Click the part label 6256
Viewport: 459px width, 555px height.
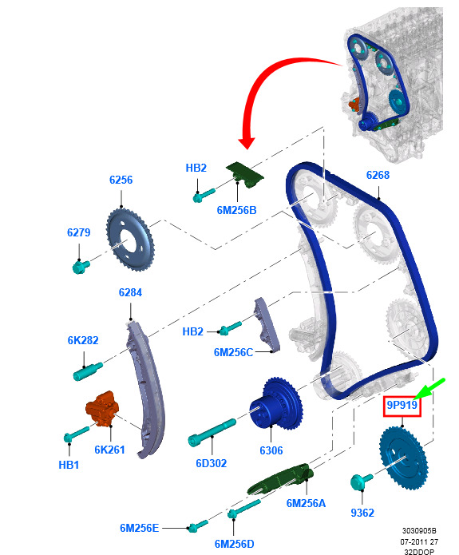pos(121,180)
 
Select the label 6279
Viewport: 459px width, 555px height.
pos(78,232)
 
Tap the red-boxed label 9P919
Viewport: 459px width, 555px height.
pos(402,405)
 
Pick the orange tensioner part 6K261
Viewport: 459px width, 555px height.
pos(102,409)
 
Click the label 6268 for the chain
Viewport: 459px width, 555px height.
pos(378,175)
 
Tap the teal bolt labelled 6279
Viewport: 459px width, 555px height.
pos(81,266)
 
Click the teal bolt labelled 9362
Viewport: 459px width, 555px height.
pos(361,482)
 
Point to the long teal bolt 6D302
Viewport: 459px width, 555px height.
pos(212,432)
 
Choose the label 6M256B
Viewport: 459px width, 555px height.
pos(236,210)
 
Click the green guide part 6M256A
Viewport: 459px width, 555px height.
pos(280,478)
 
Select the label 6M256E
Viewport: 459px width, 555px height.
pos(139,528)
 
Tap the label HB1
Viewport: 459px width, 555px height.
pos(69,465)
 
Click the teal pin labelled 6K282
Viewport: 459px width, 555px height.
pos(88,371)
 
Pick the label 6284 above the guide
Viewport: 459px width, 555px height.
pos(130,292)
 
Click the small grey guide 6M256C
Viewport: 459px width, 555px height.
pos(267,324)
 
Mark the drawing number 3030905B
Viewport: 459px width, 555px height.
pos(419,531)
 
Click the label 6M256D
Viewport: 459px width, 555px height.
pos(234,544)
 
